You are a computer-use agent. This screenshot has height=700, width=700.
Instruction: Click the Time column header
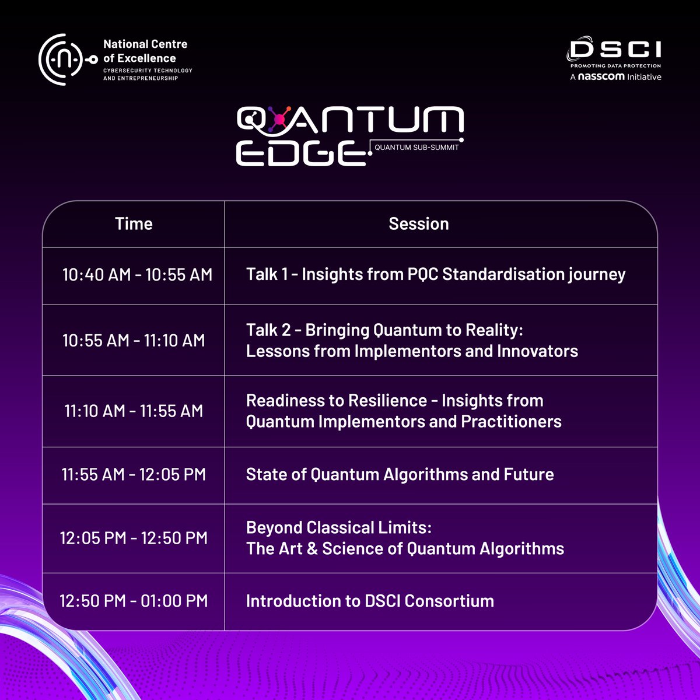[x=134, y=224]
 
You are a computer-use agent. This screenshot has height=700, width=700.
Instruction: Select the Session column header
[x=418, y=224]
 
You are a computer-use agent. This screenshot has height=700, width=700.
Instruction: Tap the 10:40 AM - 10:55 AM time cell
[x=137, y=275]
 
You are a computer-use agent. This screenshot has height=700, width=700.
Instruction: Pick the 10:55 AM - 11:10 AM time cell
[x=134, y=340]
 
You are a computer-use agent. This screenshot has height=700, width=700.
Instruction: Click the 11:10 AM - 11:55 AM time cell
[x=134, y=411]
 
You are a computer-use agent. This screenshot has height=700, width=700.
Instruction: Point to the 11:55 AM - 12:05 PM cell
[x=134, y=474]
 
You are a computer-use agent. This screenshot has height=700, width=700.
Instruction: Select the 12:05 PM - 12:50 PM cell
[x=134, y=538]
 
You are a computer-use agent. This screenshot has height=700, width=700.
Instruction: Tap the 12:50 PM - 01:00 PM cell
[x=134, y=601]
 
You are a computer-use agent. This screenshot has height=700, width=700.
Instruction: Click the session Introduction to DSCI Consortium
[x=370, y=601]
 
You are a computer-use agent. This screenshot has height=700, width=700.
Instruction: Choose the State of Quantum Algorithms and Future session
[x=400, y=474]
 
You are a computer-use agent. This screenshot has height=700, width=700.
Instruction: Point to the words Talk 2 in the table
[x=268, y=330]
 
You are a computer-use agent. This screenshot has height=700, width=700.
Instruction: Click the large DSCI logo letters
[x=615, y=50]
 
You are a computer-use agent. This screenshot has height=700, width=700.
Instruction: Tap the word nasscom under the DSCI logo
[x=601, y=76]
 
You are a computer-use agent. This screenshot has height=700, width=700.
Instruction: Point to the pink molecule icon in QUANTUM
[x=279, y=120]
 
